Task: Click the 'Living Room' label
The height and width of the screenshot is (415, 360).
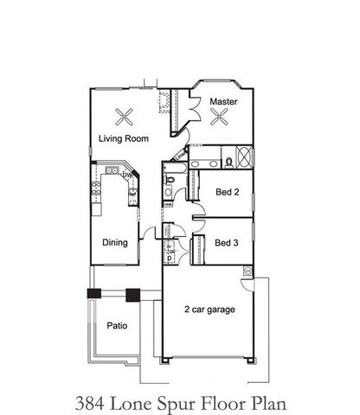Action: (122, 138)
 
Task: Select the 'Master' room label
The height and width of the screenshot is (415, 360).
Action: (224, 102)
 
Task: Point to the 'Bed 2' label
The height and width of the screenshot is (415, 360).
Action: (227, 194)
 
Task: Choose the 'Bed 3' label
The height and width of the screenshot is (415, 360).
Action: (227, 243)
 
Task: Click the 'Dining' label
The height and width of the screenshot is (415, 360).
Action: (115, 243)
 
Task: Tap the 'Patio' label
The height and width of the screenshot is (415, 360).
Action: (118, 327)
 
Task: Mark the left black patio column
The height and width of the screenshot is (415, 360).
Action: (93, 293)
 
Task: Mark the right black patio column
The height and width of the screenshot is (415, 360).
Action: (132, 294)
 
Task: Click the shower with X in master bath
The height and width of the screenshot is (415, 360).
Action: (245, 158)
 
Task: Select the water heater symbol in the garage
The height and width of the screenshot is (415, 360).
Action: (247, 270)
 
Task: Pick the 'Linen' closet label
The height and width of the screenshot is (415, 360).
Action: (180, 156)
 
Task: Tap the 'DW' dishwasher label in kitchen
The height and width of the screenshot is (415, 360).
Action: (126, 176)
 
